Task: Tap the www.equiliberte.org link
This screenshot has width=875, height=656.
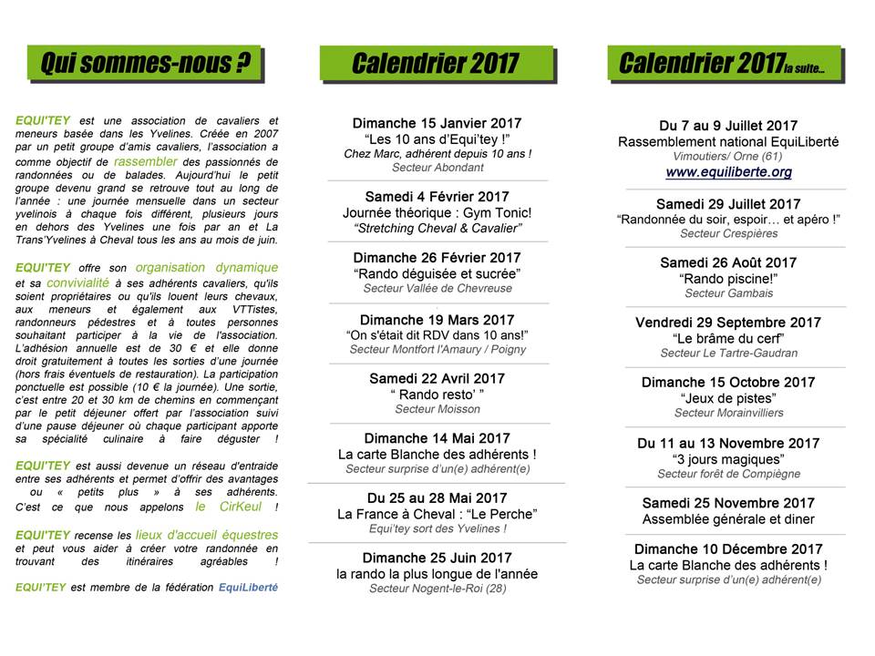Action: pos(728,171)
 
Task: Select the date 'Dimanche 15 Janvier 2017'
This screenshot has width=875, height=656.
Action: pos(437,123)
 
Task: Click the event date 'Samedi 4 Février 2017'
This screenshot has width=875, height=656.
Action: pos(437,197)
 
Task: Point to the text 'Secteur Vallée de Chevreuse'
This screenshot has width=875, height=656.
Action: pos(437,289)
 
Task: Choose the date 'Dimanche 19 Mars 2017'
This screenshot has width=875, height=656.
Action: pos(437,320)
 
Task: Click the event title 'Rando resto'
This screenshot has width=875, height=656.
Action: pos(437,395)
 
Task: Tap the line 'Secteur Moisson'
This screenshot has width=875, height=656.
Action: pos(437,410)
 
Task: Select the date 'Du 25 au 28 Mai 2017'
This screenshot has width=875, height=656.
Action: pos(437,497)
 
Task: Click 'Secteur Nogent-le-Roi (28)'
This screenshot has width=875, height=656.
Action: pos(437,589)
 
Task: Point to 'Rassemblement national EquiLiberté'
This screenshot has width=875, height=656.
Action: pos(728,142)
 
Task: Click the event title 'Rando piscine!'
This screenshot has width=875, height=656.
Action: pos(728,278)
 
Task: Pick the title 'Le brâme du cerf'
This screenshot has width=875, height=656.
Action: pos(728,338)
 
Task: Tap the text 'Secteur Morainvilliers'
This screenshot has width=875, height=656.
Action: pos(728,413)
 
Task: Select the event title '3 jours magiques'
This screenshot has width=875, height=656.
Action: pos(728,459)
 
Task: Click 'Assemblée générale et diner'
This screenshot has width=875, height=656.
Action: pos(728,519)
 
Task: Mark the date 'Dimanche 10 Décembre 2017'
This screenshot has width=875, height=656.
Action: pos(728,549)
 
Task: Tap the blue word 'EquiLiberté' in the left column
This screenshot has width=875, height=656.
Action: pos(248,588)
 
